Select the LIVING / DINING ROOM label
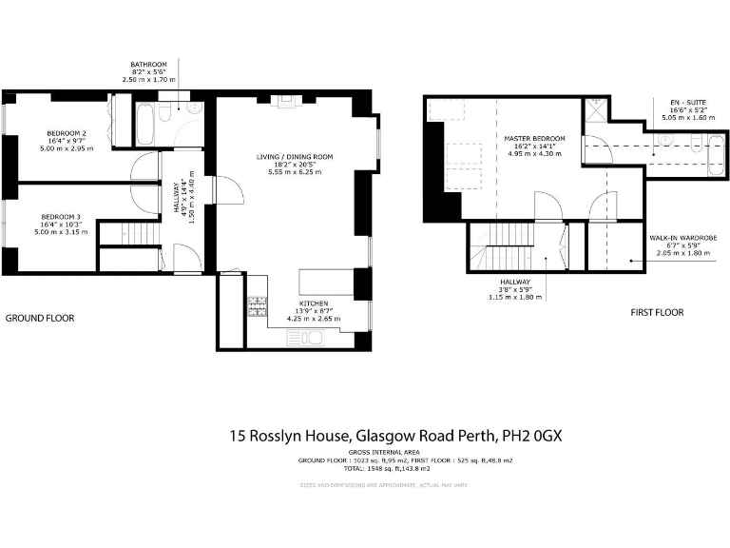(x=295, y=156)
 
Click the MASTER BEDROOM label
(x=535, y=138)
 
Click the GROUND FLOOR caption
(x=40, y=318)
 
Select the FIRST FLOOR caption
(x=657, y=312)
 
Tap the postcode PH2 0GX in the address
(x=532, y=436)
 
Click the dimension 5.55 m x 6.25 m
(x=295, y=173)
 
